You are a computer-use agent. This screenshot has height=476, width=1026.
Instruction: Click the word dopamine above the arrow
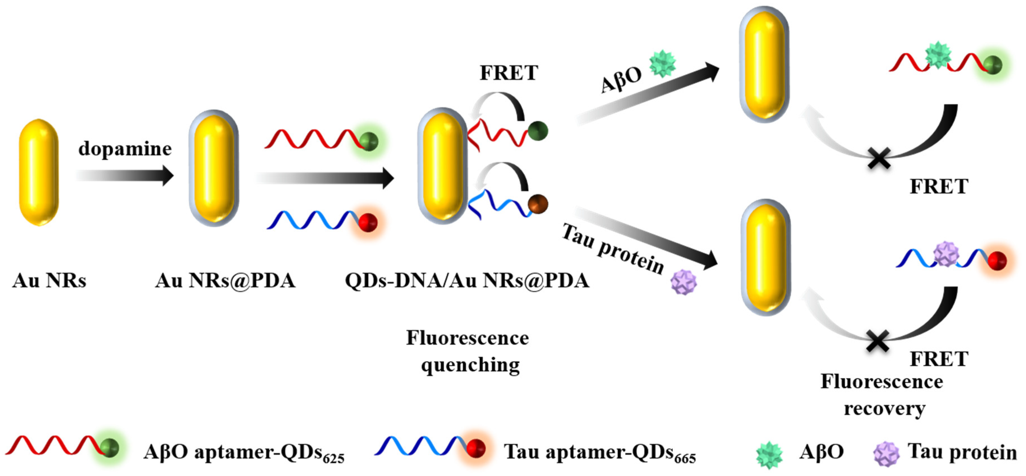point(125,149)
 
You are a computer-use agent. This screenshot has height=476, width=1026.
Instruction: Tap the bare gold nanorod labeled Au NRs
point(39,172)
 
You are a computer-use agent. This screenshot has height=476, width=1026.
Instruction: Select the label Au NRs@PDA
point(225,281)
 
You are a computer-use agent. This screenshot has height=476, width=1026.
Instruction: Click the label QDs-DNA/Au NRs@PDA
point(467,281)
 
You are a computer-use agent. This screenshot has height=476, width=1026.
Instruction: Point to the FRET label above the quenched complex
point(509,73)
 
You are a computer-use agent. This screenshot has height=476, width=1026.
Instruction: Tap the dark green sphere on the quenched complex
point(538,131)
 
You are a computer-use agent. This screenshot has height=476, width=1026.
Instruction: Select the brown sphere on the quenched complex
point(538,204)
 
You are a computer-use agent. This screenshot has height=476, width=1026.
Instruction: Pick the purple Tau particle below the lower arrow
point(684,282)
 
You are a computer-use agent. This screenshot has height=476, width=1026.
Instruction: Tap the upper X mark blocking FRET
point(879,159)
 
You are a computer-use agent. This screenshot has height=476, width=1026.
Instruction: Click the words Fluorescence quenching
point(468,351)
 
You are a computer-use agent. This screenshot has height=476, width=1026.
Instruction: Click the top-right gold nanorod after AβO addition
point(764,65)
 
